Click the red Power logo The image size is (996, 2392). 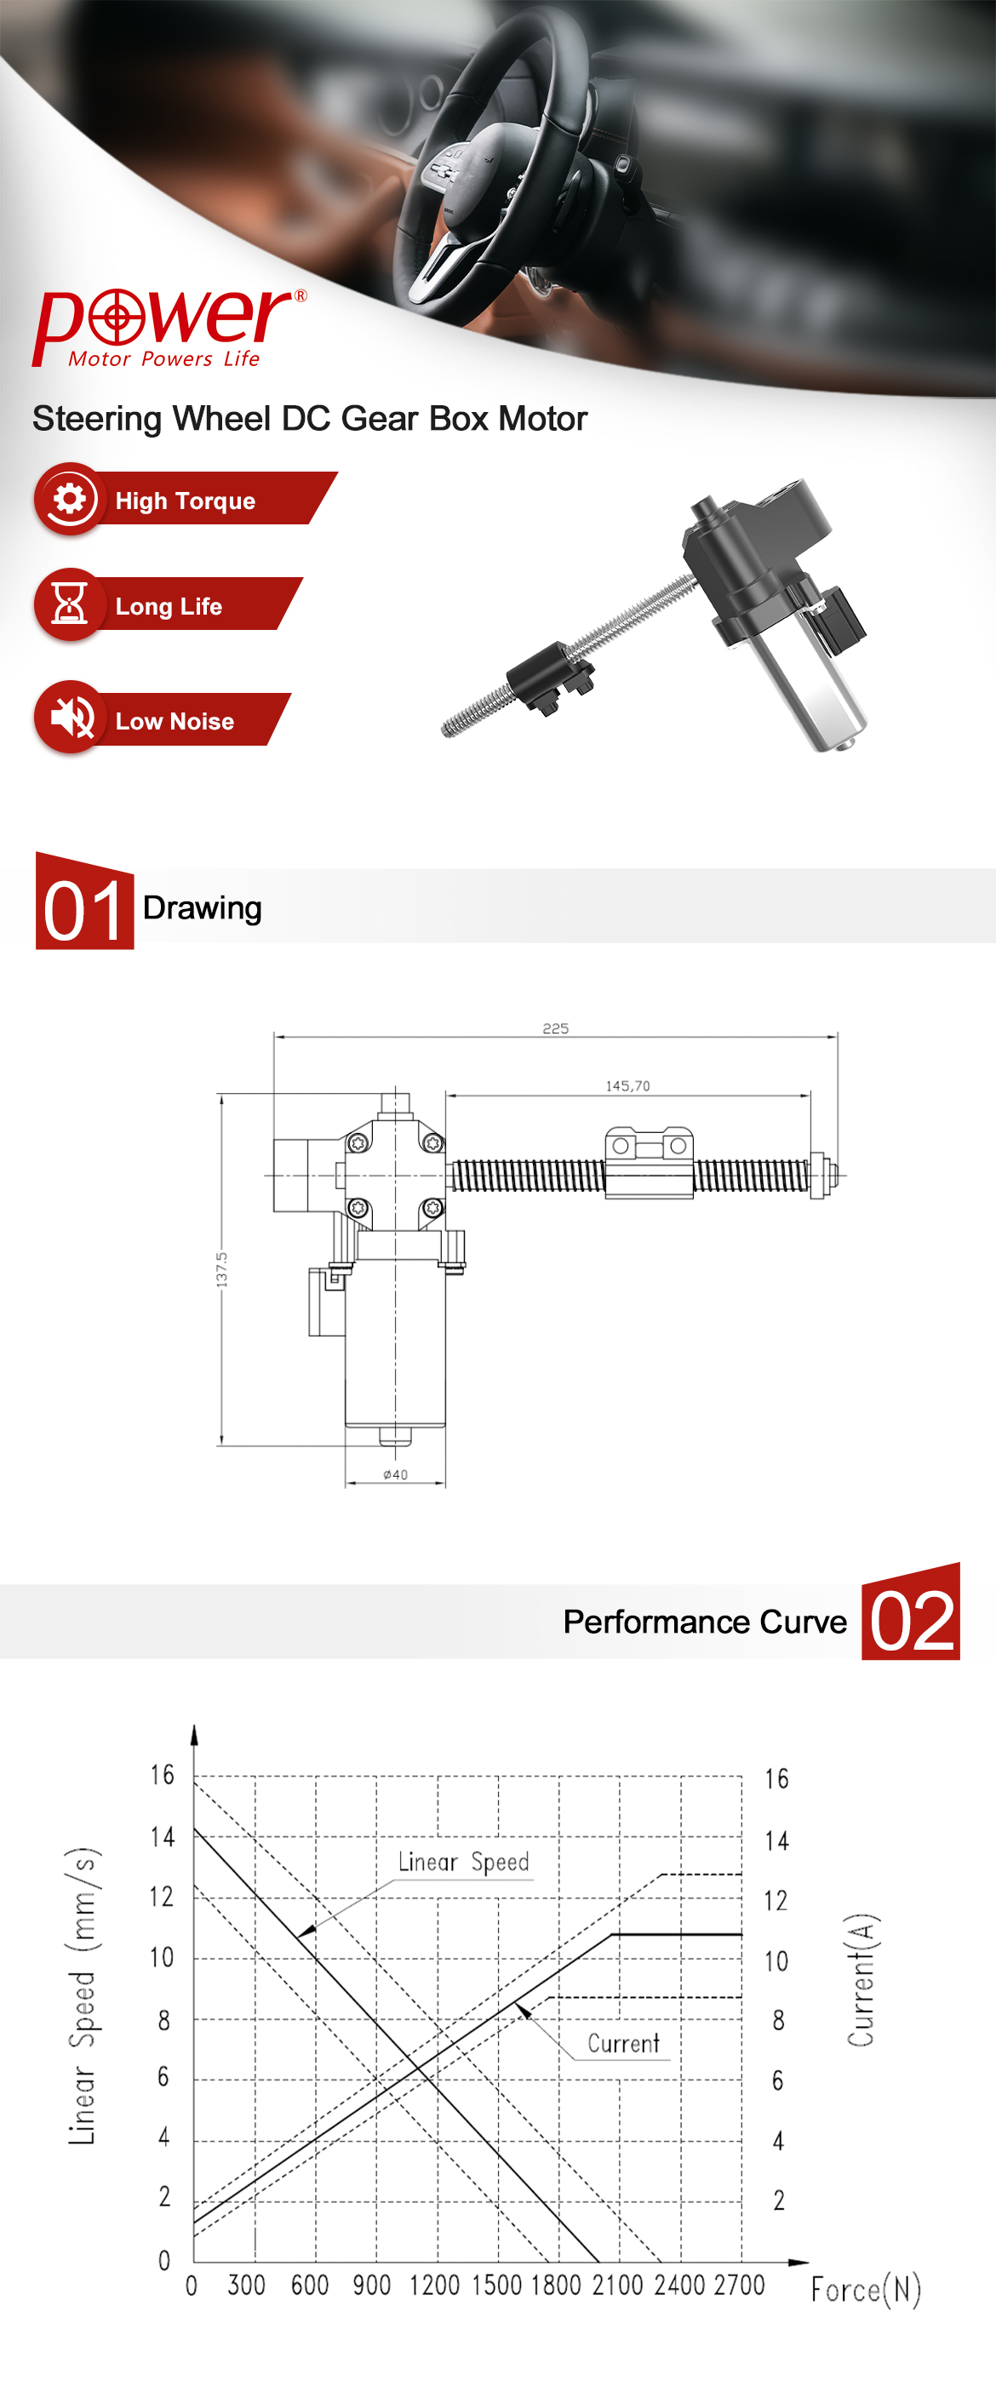tap(169, 327)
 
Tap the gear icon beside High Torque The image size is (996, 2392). tap(70, 499)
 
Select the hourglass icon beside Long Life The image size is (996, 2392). tap(70, 604)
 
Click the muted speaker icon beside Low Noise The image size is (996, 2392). tap(72, 717)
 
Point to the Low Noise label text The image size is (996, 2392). tap(175, 722)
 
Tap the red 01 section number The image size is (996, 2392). tap(83, 910)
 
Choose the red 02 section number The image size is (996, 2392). tap(912, 1621)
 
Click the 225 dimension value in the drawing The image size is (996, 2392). tap(555, 1028)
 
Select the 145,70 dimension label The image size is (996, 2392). tap(627, 1085)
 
